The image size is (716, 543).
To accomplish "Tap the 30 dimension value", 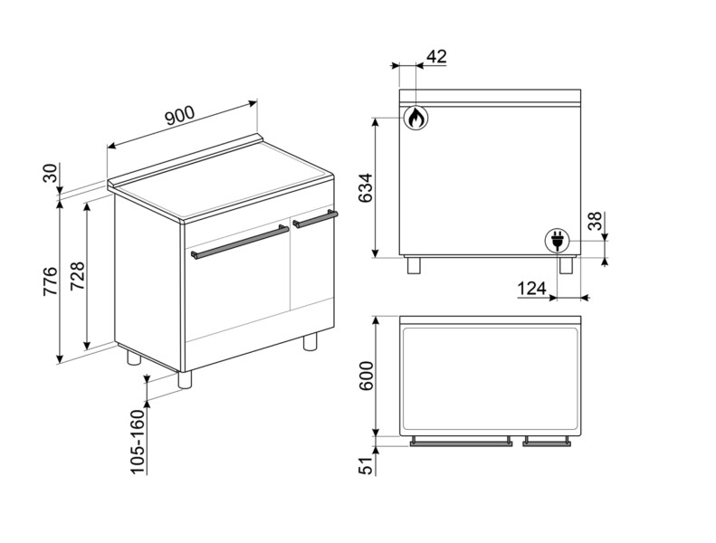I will [51, 175].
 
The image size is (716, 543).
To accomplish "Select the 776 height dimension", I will [51, 282].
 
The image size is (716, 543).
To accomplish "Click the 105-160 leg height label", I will [138, 441].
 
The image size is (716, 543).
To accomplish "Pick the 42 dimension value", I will [435, 57].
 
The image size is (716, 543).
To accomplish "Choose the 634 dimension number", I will [366, 187].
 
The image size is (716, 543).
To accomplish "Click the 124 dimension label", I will [532, 289].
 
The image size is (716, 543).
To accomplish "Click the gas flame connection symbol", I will [415, 118].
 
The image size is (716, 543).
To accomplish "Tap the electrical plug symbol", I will [556, 240].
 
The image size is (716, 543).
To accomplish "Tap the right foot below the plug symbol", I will [567, 264].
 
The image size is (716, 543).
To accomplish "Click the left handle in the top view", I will [462, 443].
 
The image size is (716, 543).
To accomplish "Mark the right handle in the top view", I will [547, 443].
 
